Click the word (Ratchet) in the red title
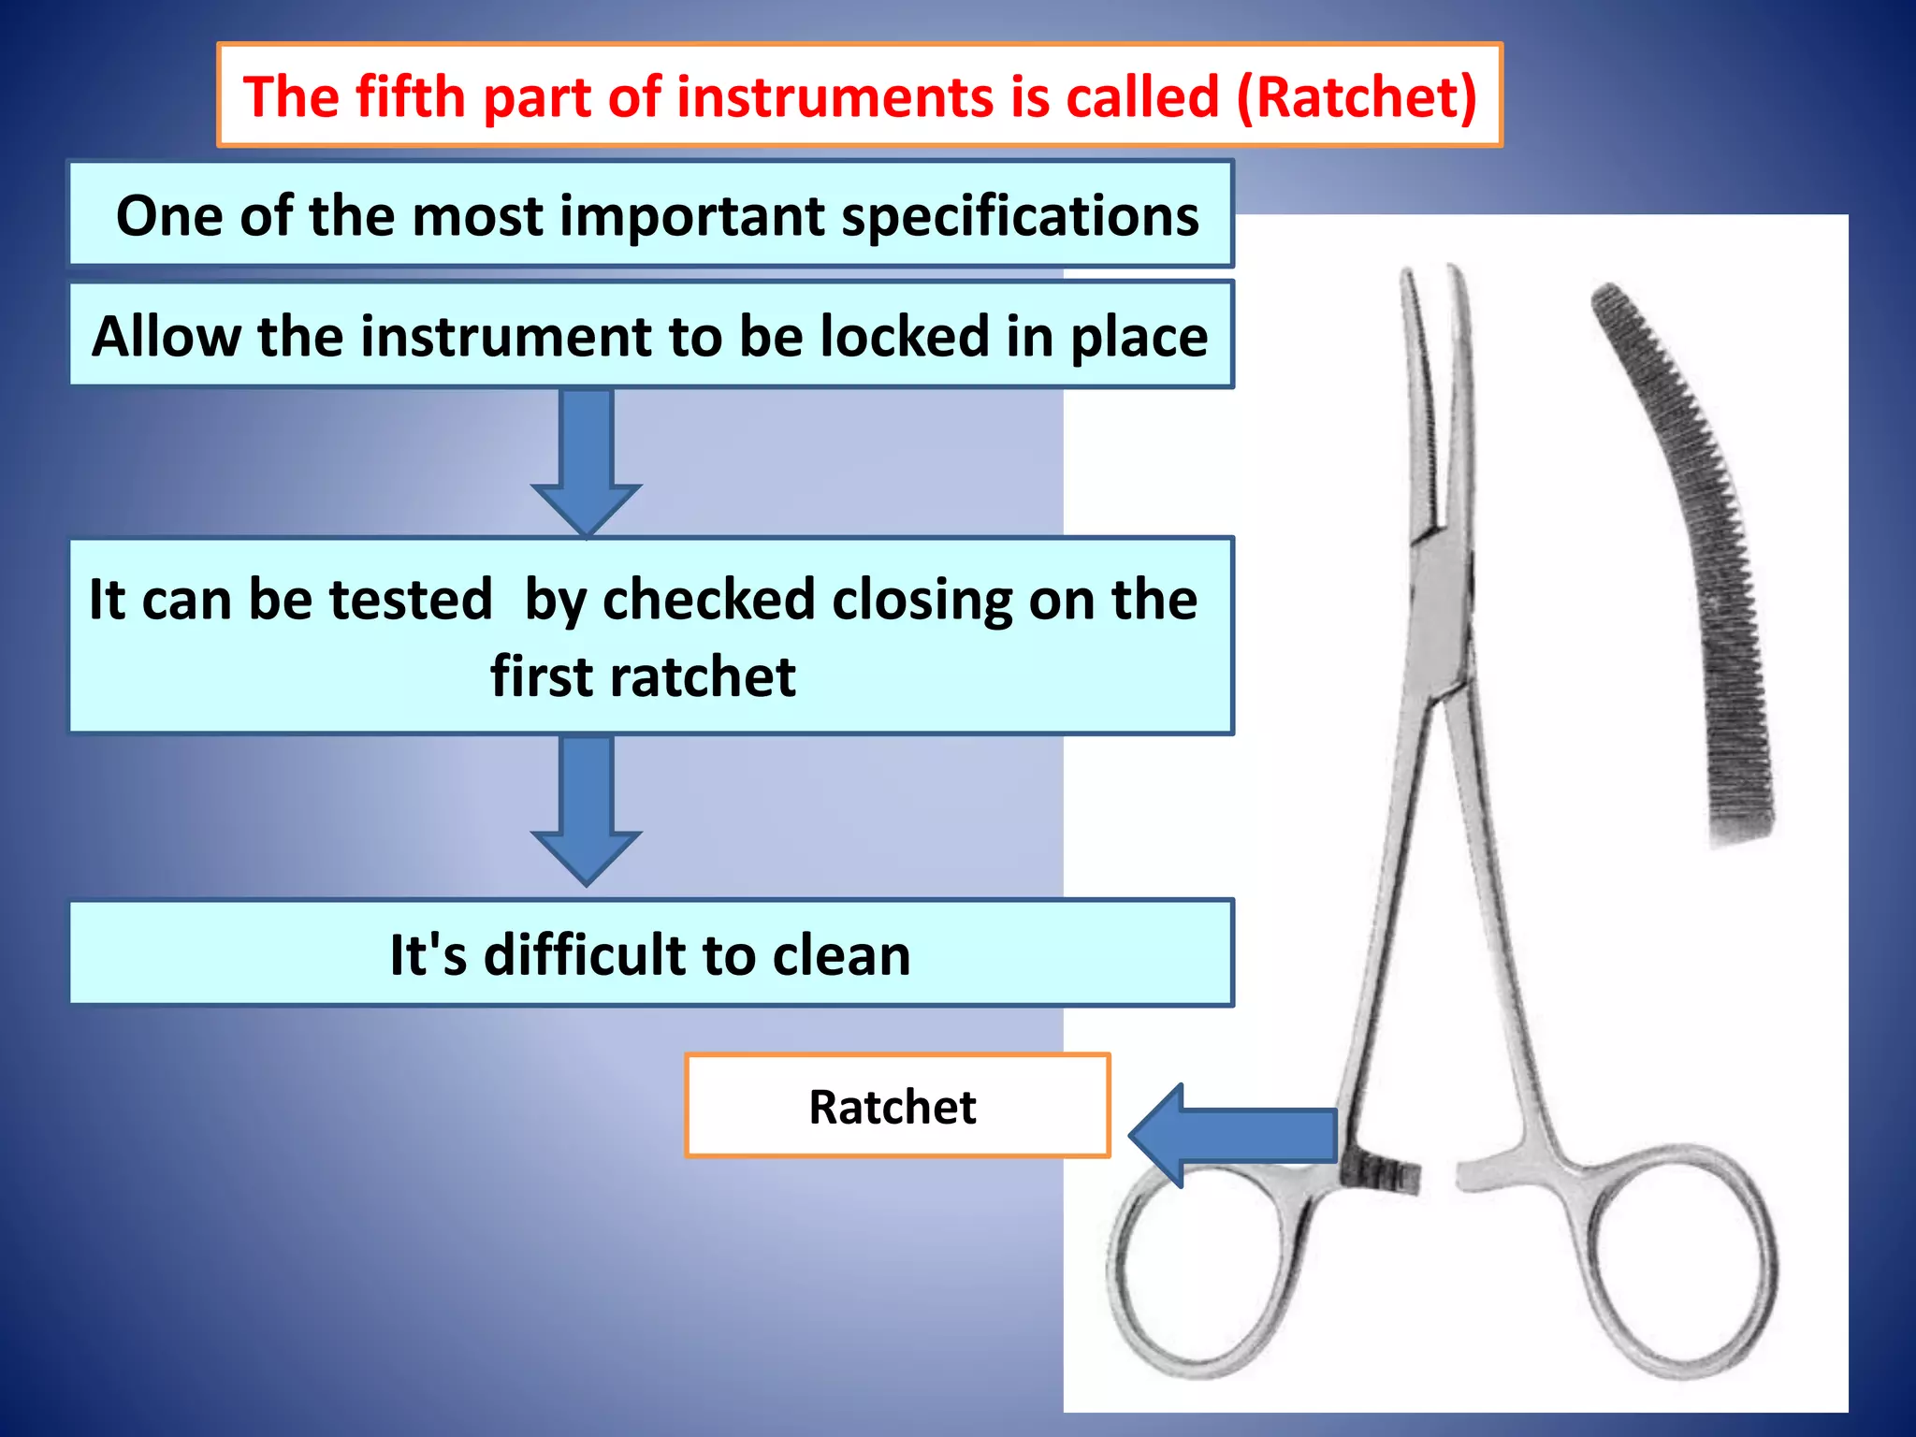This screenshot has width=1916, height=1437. click(1357, 97)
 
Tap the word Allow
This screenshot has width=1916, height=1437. click(167, 337)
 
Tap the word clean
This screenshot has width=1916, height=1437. click(841, 955)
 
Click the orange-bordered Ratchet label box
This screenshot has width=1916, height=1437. click(896, 1106)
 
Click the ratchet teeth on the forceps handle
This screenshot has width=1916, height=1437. click(1381, 1175)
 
